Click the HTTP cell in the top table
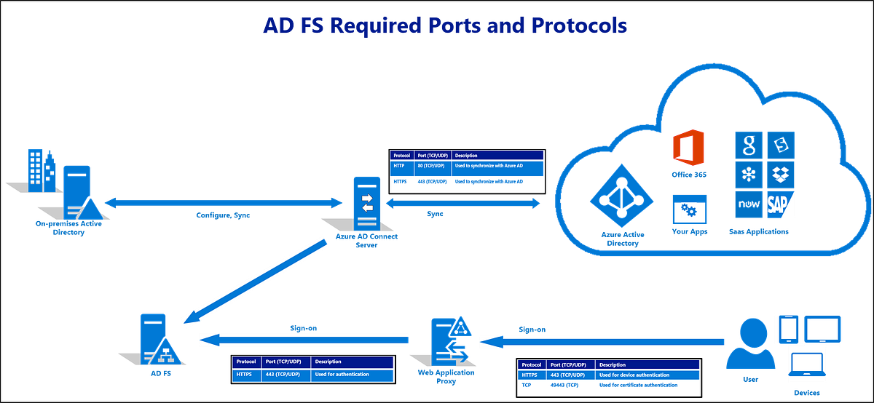point(401,167)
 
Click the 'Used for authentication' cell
point(342,375)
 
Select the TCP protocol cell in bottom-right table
point(528,385)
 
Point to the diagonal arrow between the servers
point(255,280)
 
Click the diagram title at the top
point(444,25)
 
